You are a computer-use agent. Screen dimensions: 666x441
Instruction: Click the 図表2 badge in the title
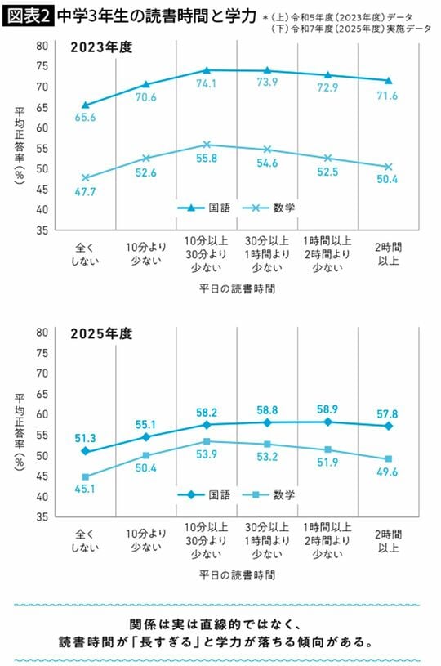coord(28,14)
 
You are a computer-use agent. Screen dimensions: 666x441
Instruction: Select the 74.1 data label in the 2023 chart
coord(207,83)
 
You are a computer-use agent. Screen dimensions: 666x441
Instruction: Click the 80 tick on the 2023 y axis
coord(41,46)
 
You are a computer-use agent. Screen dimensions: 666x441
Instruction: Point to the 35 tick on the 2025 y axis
coord(41,517)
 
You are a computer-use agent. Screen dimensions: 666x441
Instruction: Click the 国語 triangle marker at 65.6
coord(85,105)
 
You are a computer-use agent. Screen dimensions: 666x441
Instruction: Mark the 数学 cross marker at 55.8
coord(207,144)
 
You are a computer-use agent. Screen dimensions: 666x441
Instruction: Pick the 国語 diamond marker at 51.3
coord(85,451)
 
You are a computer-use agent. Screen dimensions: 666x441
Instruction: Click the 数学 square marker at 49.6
coord(388,458)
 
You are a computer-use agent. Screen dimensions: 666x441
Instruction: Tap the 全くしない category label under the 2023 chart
coord(85,253)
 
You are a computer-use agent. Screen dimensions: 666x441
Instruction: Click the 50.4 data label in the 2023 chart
coord(388,180)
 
